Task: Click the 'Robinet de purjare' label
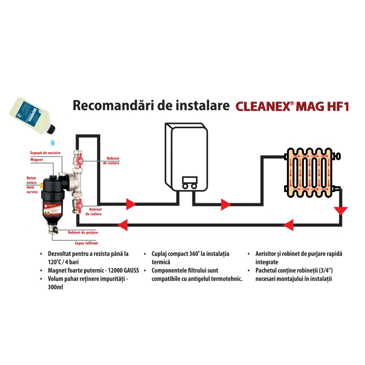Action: (83, 232)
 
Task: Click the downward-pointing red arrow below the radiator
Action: (340, 212)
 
